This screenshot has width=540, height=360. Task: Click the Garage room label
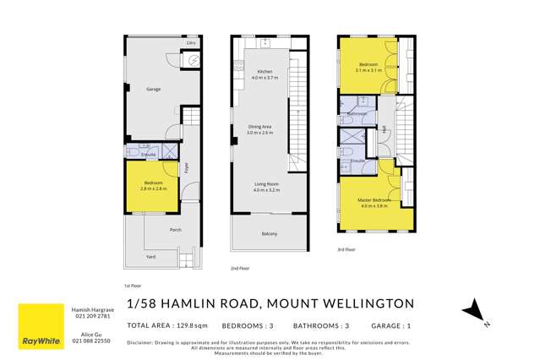153,89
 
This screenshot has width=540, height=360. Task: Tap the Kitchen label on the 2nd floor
265,72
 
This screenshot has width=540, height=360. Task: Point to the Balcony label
268,234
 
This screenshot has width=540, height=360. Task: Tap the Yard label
151,256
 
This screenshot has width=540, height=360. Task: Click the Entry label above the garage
192,41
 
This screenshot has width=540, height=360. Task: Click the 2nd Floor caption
240,268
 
